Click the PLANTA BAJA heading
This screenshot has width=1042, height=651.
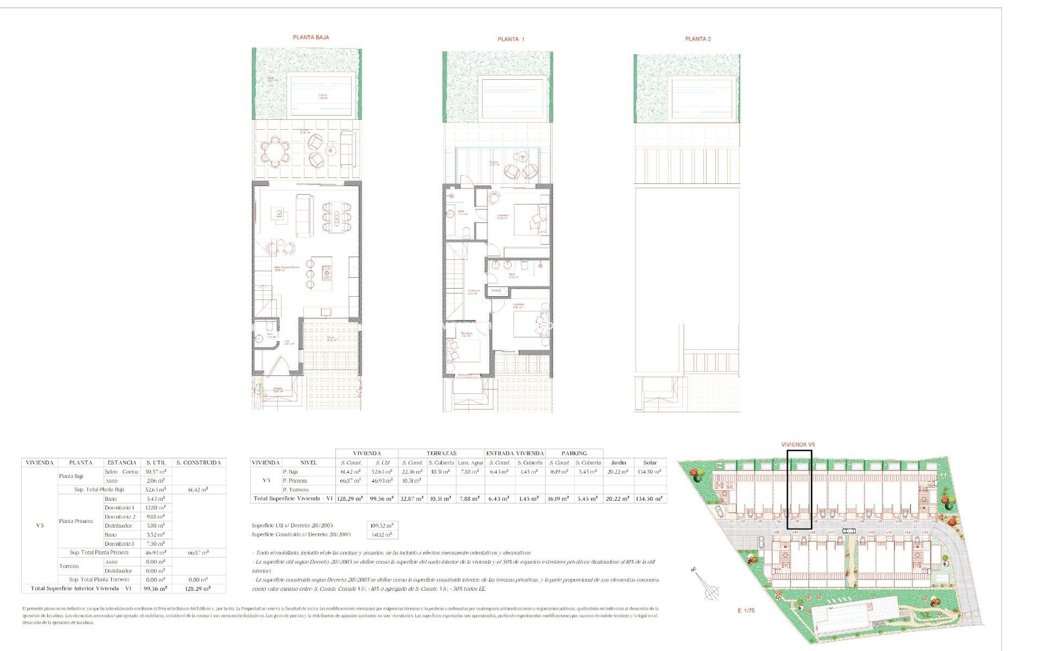(310, 37)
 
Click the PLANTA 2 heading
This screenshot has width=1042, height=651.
(697, 39)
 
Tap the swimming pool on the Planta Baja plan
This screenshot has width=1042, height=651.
(323, 96)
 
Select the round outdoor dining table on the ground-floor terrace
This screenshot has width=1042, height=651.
(276, 151)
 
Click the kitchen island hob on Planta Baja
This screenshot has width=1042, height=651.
(326, 273)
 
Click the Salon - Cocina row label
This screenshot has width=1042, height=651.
(122, 472)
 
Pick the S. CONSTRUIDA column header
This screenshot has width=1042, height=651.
(198, 463)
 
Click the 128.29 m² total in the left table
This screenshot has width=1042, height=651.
(198, 589)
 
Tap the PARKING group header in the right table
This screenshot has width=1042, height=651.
(574, 453)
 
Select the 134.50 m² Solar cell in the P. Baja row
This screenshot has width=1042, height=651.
(650, 472)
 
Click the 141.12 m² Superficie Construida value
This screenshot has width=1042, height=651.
(382, 535)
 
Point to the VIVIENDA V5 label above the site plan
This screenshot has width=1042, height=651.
(798, 445)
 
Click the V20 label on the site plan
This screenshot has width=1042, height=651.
(777, 533)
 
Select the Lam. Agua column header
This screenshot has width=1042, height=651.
(469, 463)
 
